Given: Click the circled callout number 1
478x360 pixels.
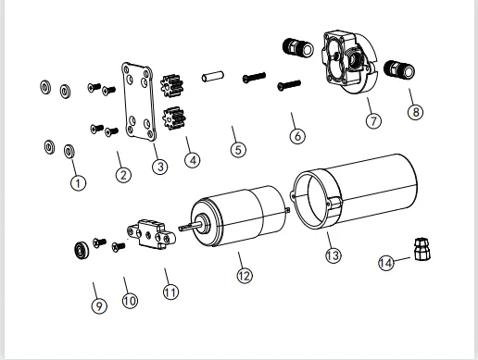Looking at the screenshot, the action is (x=78, y=183).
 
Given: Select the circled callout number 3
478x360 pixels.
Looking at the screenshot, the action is (x=160, y=167).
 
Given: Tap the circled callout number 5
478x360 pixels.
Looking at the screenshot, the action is (x=238, y=150).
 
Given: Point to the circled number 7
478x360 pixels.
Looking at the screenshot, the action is (x=373, y=120).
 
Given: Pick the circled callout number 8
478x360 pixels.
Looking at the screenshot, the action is (x=416, y=112).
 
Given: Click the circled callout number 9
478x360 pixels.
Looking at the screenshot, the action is (x=99, y=305).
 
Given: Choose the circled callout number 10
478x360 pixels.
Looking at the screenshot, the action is (x=130, y=301).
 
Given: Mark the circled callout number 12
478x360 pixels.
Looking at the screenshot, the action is (x=245, y=276).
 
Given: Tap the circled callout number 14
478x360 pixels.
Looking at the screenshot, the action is (x=386, y=263).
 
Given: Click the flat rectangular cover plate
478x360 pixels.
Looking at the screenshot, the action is (x=138, y=102).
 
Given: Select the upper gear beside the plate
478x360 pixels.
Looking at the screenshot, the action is (x=172, y=85).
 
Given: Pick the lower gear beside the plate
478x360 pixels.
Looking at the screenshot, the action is (x=174, y=118).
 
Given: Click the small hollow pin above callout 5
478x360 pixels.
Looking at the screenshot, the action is (x=213, y=77).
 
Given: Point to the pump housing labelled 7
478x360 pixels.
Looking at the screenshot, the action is (x=350, y=62).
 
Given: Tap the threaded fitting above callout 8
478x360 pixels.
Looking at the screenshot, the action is (x=399, y=69).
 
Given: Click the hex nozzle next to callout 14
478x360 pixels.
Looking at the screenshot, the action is (x=422, y=249).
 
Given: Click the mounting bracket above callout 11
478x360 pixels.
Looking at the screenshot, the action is (x=152, y=234).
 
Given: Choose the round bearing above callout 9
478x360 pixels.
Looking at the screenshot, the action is (x=82, y=250).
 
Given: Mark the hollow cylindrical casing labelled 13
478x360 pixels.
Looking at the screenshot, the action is (x=354, y=192).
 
